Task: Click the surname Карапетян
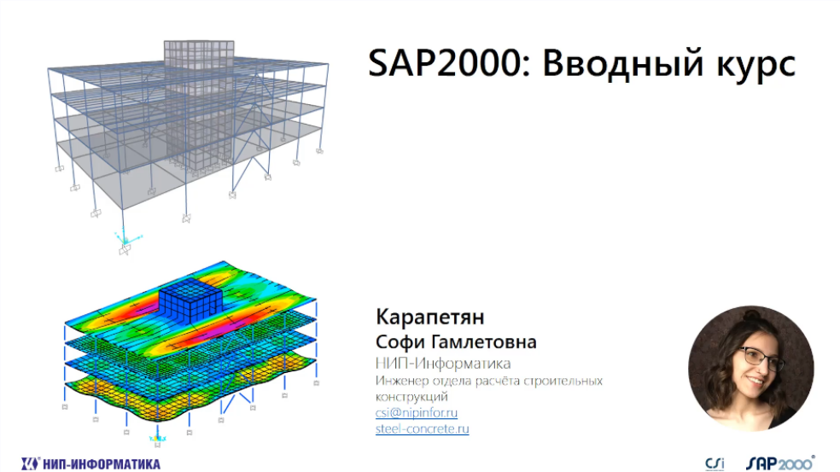coord(430,317)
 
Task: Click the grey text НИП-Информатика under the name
coord(443,364)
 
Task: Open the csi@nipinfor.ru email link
coord(417,412)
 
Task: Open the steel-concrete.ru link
coord(423,428)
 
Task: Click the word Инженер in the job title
coord(402,381)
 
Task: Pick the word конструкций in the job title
coord(411,397)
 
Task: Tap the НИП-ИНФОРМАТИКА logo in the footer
coord(91,463)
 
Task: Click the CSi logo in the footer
coord(715,463)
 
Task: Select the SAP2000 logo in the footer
coord(780,463)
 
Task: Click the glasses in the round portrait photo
coord(761,358)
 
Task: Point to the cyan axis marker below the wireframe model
coord(126,237)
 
